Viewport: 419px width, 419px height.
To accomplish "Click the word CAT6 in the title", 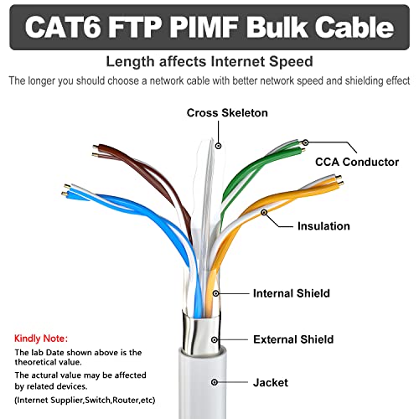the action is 63,27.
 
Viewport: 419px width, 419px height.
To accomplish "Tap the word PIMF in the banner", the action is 204,27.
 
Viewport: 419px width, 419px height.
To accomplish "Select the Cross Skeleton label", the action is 227,113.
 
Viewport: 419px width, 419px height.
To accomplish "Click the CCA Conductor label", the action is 357,162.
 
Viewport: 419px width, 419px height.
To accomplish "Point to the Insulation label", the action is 323,226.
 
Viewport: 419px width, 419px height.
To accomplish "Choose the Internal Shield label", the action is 292,293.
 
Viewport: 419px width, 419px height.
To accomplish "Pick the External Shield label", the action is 293,339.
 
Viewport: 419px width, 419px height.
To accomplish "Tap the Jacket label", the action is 271,383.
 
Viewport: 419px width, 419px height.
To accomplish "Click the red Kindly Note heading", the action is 41,339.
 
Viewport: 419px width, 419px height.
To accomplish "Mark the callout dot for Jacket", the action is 215,382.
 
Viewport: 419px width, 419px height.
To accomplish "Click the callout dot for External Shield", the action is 215,339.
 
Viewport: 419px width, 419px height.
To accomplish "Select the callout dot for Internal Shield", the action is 215,293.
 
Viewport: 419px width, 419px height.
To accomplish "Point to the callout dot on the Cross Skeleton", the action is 219,146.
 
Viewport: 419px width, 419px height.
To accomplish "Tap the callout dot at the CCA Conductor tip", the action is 306,142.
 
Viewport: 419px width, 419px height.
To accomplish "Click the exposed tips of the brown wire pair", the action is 96,150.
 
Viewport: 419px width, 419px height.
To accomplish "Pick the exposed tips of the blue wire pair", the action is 65,190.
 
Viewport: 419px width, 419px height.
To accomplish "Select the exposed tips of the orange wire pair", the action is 339,180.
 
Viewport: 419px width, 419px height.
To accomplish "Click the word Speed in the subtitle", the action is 291,61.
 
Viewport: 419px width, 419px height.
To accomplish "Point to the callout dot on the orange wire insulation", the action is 264,212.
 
